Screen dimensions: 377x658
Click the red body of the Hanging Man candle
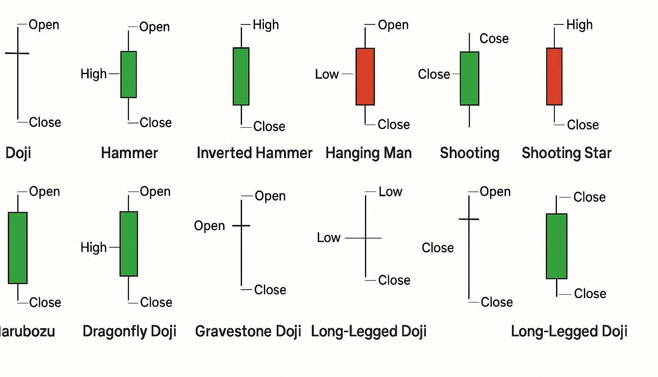point(365,76)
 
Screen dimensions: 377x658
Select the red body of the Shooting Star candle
point(554,76)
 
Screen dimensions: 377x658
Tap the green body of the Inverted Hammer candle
point(241,76)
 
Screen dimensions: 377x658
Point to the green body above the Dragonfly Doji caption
point(129,243)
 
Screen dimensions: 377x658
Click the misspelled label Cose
point(494,39)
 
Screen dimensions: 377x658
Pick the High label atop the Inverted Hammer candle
point(266,25)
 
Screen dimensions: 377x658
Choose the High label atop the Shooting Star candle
point(579,25)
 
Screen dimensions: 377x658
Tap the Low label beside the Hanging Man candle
point(327,74)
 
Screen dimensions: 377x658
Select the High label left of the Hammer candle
point(93,74)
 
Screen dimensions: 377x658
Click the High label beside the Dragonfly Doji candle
point(93,247)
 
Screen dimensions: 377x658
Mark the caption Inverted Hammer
point(254,153)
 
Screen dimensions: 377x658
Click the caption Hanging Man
point(368,153)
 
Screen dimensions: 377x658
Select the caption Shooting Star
point(566,153)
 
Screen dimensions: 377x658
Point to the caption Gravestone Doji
point(248,331)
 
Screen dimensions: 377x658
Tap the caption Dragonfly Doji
point(129,331)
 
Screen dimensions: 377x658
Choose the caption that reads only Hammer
point(129,153)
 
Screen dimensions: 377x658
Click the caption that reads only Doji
point(18,153)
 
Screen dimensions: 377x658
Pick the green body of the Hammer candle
point(129,75)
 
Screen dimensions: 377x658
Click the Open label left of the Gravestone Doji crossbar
point(209,226)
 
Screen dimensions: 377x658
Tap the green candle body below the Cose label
point(470,78)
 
